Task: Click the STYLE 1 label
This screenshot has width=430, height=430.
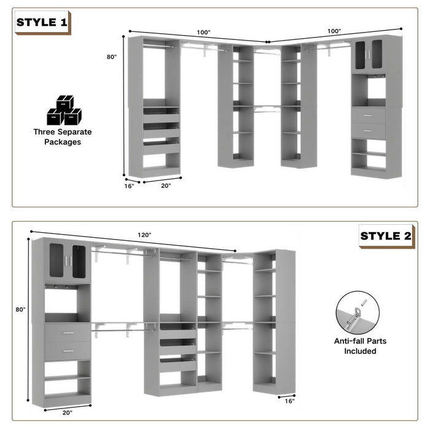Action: (42, 23)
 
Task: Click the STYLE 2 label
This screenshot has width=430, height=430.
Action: (386, 235)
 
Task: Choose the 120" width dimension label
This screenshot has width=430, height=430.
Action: (144, 235)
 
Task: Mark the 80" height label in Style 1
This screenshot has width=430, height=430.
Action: (111, 57)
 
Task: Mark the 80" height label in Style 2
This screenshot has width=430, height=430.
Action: (20, 310)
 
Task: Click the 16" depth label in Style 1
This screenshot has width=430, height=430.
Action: (129, 186)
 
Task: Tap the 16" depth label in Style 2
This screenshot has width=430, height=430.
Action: (289, 401)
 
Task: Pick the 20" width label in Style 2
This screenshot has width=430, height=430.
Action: (67, 413)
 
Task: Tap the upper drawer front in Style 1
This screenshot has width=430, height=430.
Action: (369, 115)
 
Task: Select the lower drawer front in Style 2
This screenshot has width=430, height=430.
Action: (67, 351)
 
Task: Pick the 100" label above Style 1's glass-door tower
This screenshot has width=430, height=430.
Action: (334, 31)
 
